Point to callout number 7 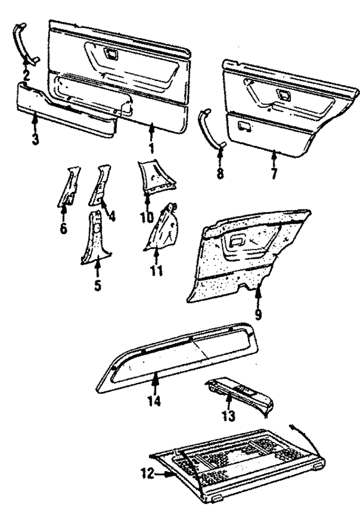coord(274,173)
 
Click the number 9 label coord(258,313)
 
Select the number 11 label coord(156,270)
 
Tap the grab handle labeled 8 coord(212,128)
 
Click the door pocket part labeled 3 coord(67,110)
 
